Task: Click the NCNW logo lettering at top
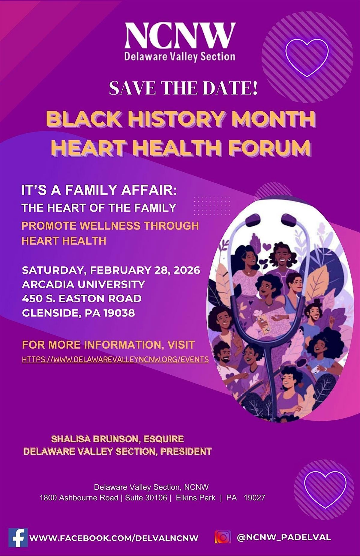click(x=180, y=36)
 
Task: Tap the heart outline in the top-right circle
click(x=307, y=57)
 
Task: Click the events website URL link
click(x=115, y=359)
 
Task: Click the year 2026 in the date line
click(x=186, y=270)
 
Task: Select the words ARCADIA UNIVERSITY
click(x=83, y=284)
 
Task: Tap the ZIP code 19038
click(x=119, y=313)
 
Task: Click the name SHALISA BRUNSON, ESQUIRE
click(x=117, y=439)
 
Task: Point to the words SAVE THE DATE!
click(x=183, y=88)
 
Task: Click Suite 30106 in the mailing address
click(x=146, y=498)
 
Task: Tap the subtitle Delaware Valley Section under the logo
click(x=180, y=57)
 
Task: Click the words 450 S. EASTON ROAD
click(x=82, y=299)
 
